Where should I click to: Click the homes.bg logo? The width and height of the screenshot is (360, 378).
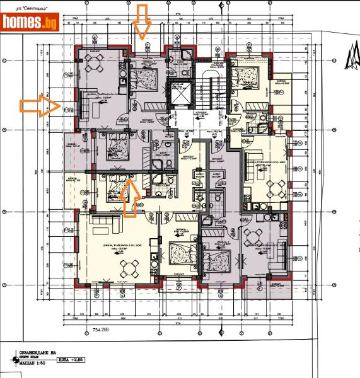(30, 23)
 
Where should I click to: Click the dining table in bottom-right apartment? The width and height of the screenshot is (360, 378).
(255, 236)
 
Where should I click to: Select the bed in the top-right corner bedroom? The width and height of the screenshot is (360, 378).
(246, 79)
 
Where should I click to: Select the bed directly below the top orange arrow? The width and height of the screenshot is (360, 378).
(149, 77)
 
